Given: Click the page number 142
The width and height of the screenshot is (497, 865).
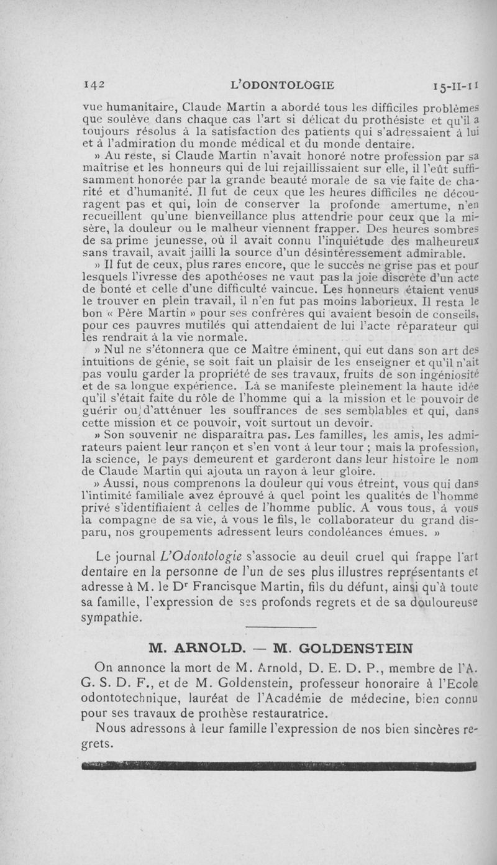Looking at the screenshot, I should pos(93,85).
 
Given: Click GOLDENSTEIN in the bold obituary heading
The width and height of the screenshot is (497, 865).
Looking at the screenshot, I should pos(352,647).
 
